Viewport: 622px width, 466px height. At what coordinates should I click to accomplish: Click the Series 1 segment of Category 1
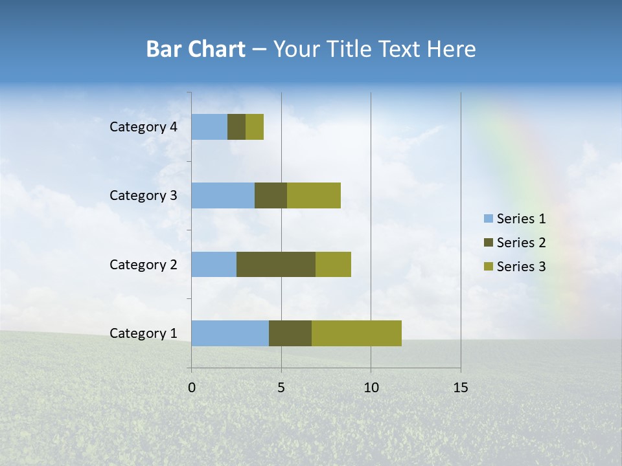pos(230,333)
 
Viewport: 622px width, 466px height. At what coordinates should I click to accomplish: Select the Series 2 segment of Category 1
pos(290,333)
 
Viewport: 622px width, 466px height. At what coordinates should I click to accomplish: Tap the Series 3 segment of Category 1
pos(356,333)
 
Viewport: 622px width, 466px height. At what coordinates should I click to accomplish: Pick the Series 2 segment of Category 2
pos(276,264)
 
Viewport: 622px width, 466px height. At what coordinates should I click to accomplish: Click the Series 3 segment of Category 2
pos(333,264)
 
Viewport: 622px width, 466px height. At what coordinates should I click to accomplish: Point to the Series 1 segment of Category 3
pos(223,195)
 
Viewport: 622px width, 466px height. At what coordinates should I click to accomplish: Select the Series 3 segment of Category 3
pos(314,195)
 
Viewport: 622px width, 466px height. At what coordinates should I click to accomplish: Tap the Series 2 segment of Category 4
pos(236,127)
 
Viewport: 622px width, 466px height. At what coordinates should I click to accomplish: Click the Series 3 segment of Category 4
pos(255,127)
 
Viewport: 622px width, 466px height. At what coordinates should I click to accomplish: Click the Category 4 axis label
pos(143,127)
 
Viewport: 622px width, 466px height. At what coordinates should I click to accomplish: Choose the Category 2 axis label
pos(143,264)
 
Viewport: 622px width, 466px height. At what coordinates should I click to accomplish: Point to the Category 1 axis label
pos(143,333)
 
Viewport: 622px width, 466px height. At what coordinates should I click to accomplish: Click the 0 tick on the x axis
pos(192,388)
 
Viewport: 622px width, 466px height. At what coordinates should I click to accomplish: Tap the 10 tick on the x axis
pos(371,388)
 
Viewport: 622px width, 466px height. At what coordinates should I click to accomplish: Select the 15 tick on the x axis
pos(460,388)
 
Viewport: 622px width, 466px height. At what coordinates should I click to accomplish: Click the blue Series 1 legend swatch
pos(488,219)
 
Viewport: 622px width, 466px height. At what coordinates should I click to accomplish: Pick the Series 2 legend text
pos(521,243)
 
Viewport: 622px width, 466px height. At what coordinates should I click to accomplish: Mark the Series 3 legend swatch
pos(488,267)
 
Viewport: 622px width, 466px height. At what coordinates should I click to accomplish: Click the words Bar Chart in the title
pos(196,49)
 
